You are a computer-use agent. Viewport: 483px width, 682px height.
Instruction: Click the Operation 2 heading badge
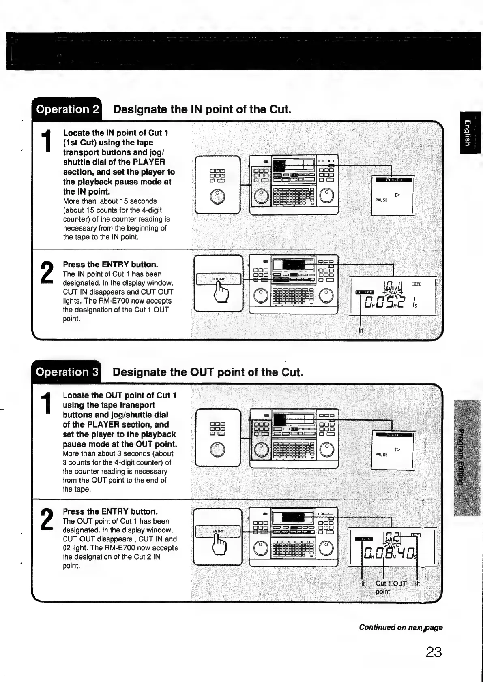[67, 109]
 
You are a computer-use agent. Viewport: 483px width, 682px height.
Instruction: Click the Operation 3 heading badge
[67, 372]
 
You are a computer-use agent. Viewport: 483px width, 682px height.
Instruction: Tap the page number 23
[434, 652]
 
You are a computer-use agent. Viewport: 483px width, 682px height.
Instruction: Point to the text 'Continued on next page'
[400, 627]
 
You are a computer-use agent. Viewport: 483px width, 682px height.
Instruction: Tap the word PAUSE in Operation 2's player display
[381, 200]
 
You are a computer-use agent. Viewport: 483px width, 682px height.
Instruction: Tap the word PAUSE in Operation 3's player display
[381, 455]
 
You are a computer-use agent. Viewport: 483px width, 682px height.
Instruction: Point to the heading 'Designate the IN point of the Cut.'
[202, 109]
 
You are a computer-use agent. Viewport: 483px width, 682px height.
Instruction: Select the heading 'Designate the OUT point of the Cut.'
[208, 372]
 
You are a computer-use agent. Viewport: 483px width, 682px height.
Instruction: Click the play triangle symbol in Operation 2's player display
[398, 195]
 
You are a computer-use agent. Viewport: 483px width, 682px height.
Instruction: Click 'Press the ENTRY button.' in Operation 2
[110, 265]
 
